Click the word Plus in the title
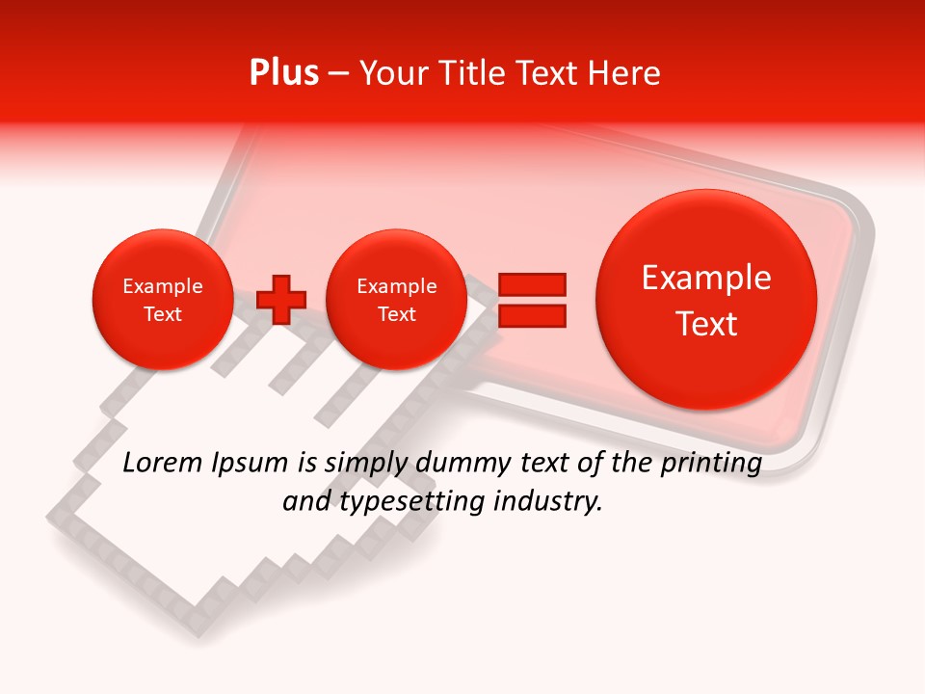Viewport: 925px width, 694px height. [x=283, y=73]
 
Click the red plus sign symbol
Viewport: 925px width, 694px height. [x=281, y=300]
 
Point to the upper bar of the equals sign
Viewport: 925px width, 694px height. [x=531, y=284]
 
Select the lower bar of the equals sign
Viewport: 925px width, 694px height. [x=531, y=315]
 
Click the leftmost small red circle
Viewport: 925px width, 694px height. [x=162, y=300]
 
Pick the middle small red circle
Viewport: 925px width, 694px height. [x=396, y=300]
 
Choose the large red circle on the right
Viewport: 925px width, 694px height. [x=706, y=300]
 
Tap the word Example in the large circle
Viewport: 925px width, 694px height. [x=706, y=279]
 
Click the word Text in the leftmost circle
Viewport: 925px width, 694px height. [x=162, y=314]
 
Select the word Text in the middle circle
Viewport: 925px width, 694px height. [x=396, y=314]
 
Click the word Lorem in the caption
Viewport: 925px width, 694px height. [x=158, y=463]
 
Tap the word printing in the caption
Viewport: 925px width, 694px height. [x=710, y=464]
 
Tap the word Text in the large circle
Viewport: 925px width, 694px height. [x=706, y=324]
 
